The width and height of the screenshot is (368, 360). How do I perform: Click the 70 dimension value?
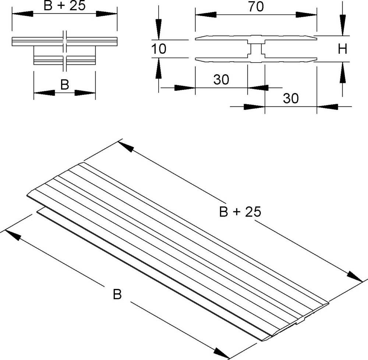coord(255,7)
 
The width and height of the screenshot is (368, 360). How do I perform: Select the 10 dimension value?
coord(159,49)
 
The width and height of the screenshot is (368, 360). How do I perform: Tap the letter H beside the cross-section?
coord(343,49)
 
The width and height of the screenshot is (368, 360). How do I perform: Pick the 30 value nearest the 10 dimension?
coord(221,80)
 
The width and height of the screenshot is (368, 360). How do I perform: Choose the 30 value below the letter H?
coord(290,98)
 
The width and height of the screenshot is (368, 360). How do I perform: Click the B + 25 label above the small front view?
coord(64,6)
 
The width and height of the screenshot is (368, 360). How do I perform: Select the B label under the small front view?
coord(64,85)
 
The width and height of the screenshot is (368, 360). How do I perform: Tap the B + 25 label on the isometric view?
coord(240,212)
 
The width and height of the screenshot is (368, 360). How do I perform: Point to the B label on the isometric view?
coord(117,294)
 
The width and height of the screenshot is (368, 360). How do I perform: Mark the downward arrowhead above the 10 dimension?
coord(158,29)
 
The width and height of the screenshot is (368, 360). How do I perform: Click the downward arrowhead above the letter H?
coord(343,26)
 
